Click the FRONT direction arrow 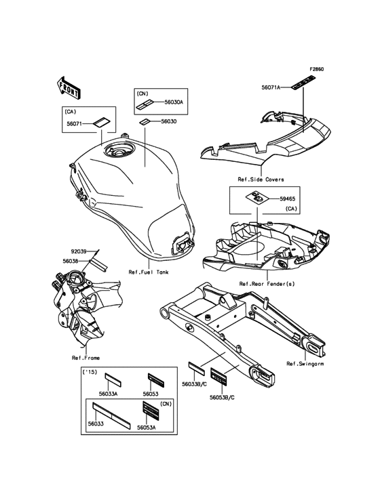coord(69,87)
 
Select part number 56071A coord(271,87)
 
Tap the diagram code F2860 coord(316,69)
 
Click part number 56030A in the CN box coord(174,102)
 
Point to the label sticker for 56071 coord(101,123)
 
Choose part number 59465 coord(288,199)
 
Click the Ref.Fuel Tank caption coord(149,272)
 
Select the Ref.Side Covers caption coord(261,180)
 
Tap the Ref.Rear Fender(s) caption coord(267,284)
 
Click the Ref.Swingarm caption coord(305,364)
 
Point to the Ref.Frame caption coord(85,358)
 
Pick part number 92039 coord(79,251)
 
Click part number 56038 coord(71,261)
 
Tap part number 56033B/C coord(195,384)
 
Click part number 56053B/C coord(222,397)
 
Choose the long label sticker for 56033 coord(111,416)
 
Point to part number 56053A coord(147,427)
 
